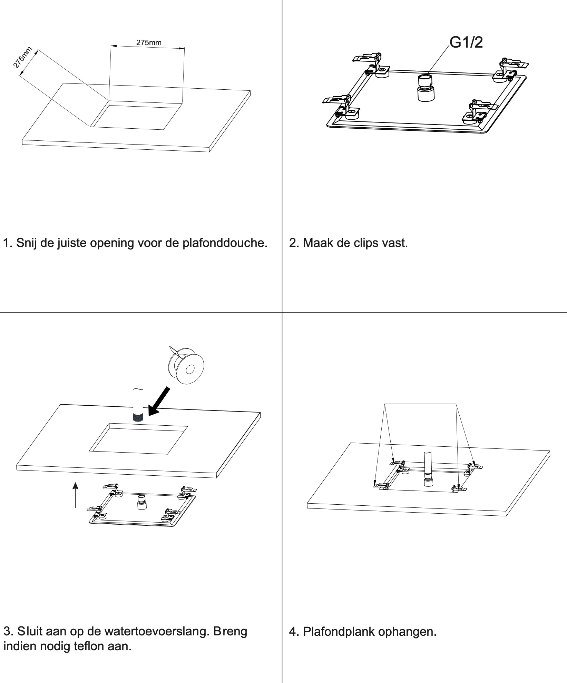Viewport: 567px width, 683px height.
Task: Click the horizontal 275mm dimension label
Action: coord(149,42)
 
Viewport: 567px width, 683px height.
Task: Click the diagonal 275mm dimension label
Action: coord(23,57)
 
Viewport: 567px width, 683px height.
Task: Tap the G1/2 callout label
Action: coord(466,42)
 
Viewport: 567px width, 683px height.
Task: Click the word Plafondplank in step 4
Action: coord(338,632)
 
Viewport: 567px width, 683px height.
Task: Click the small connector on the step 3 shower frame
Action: coord(141,502)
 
